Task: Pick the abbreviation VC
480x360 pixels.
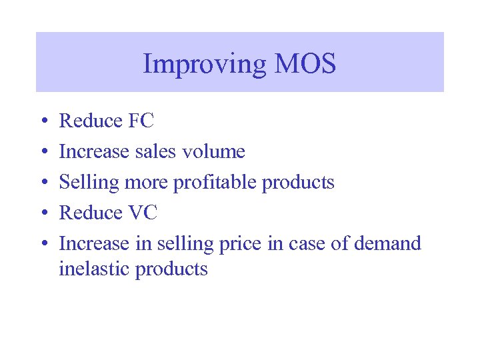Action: pos(143,213)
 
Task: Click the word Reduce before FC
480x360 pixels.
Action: pos(91,121)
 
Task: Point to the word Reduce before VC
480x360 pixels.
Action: pos(91,213)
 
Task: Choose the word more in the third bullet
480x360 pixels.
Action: pos(151,183)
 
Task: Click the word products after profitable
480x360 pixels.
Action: pos(298,183)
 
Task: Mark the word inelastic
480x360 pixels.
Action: pos(94,269)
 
